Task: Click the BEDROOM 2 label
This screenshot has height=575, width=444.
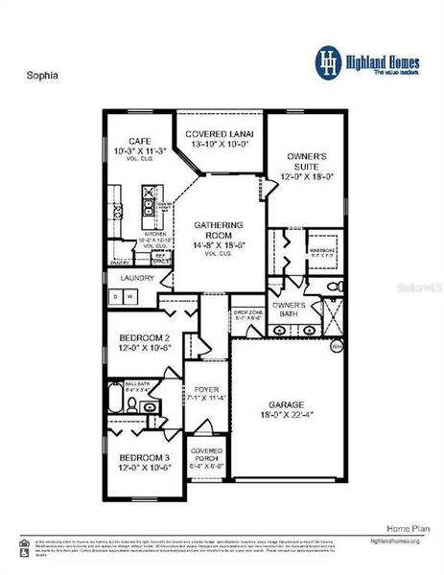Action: coord(144,338)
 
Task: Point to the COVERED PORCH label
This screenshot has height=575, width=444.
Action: coord(206,455)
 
